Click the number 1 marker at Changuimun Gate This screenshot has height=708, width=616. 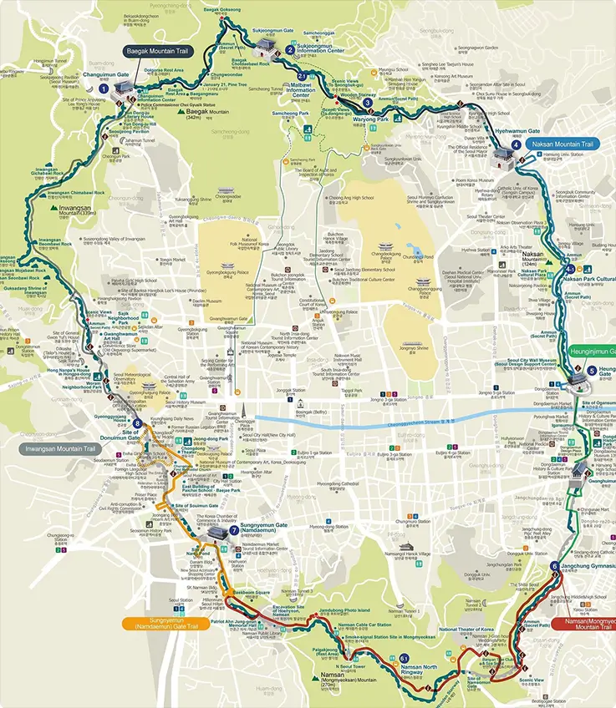104,88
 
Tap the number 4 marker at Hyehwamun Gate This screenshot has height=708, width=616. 516,144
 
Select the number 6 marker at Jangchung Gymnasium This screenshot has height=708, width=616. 555,567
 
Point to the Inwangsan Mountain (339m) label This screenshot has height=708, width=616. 82,212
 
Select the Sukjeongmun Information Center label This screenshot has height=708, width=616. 321,49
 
